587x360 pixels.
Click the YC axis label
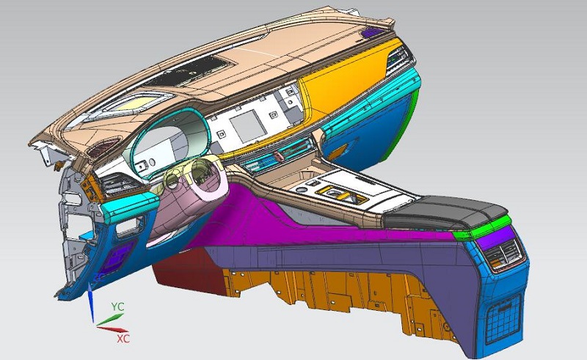(117, 307)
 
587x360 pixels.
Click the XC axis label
(123, 339)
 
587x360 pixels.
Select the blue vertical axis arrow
(90, 302)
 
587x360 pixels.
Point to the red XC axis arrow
(112, 329)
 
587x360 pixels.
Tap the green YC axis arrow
(110, 319)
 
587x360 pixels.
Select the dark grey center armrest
(445, 214)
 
